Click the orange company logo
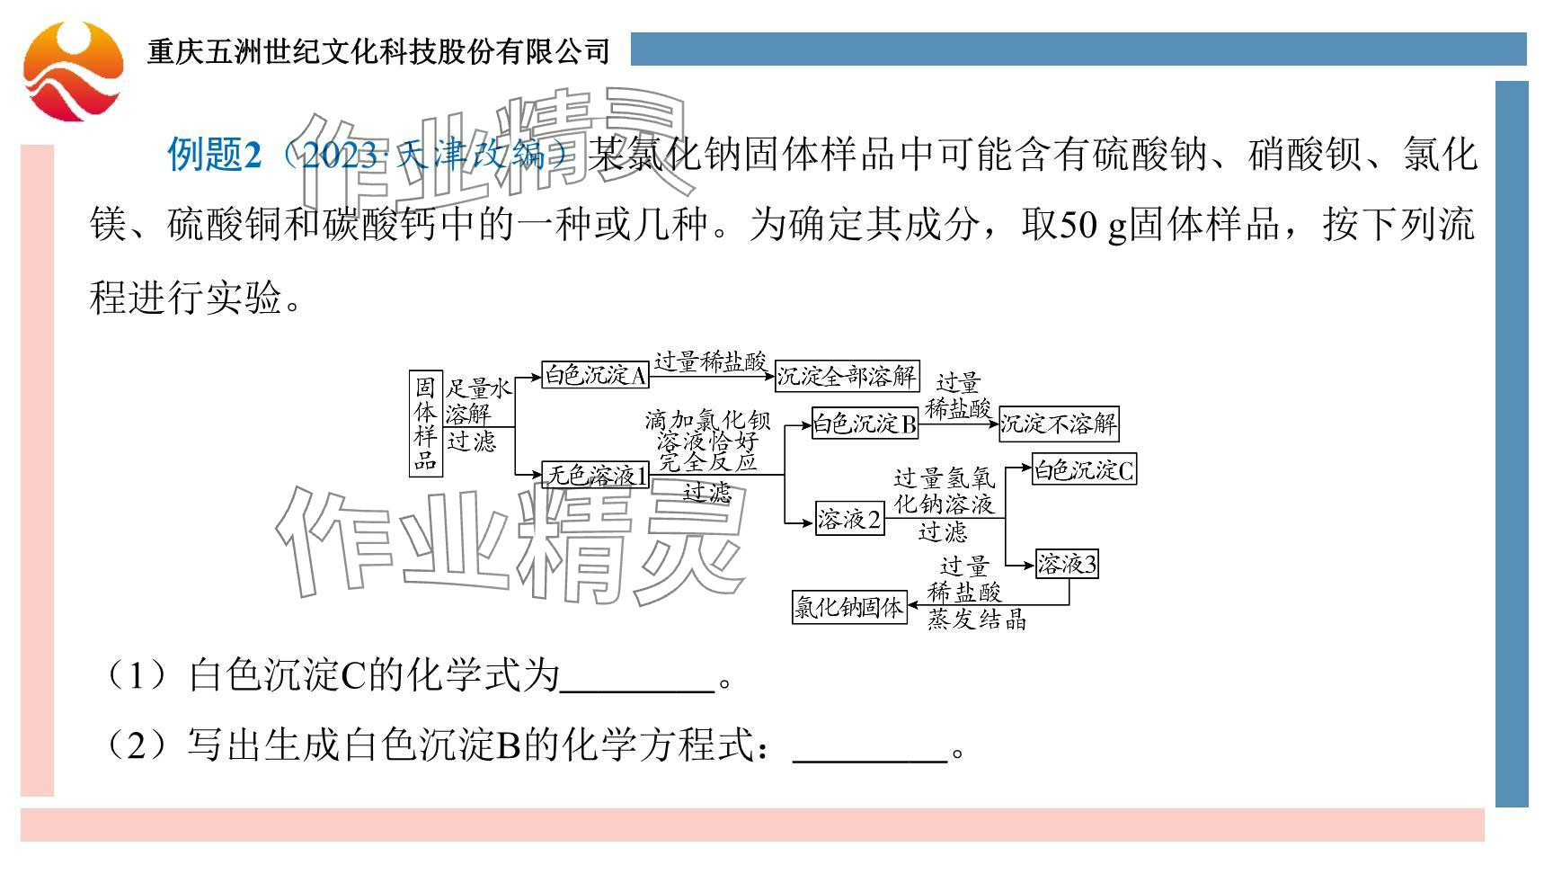click(73, 71)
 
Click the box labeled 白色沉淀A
click(595, 375)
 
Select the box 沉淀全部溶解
click(846, 375)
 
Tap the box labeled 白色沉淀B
click(864, 424)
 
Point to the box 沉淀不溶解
click(1059, 424)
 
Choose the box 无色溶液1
click(596, 475)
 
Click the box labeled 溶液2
click(849, 520)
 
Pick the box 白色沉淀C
click(1083, 470)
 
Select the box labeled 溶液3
click(1067, 565)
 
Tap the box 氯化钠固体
click(848, 608)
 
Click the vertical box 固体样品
click(425, 424)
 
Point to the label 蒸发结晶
click(977, 620)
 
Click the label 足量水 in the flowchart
click(479, 388)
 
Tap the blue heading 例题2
click(215, 155)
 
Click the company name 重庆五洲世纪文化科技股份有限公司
click(378, 51)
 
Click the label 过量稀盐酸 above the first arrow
click(710, 361)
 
